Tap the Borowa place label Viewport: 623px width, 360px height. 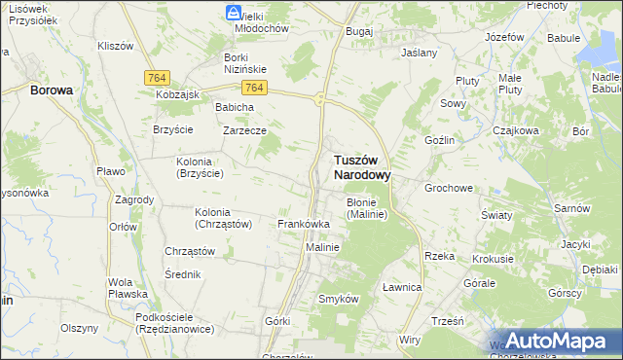click(52, 90)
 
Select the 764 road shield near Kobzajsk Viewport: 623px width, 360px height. click(156, 77)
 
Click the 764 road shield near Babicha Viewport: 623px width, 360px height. click(252, 88)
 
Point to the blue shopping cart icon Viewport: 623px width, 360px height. click(234, 13)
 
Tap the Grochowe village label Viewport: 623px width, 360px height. click(448, 187)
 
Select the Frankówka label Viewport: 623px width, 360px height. click(304, 224)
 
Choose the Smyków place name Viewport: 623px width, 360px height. click(339, 299)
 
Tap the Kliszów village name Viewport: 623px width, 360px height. click(115, 46)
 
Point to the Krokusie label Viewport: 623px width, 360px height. click(493, 259)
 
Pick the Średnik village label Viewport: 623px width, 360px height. click(182, 274)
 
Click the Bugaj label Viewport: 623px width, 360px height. click(359, 31)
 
